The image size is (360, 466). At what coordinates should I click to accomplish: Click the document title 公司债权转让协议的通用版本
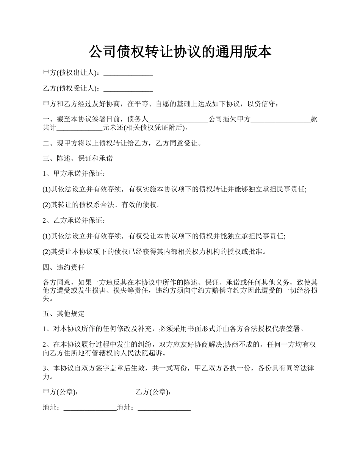point(180,52)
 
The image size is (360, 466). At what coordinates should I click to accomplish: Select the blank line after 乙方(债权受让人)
point(128,89)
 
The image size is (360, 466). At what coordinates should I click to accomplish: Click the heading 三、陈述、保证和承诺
point(78,158)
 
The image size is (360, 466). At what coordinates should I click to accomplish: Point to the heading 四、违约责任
point(64,267)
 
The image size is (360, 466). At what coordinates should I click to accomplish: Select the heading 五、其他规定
point(64,314)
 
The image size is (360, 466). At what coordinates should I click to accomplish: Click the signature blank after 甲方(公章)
point(108,393)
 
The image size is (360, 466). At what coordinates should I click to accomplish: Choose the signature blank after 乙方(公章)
point(202,393)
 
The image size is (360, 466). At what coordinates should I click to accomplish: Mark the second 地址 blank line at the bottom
point(164,408)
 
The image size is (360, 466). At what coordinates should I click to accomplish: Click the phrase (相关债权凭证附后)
point(155,128)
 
